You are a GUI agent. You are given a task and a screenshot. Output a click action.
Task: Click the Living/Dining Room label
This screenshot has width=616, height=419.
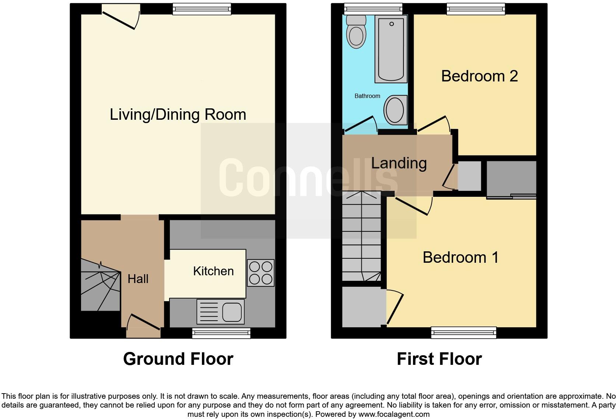click(x=178, y=115)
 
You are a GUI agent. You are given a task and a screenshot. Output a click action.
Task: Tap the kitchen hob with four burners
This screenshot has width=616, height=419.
click(x=260, y=273)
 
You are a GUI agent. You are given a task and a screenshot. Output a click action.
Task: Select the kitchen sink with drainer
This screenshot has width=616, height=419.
click(x=220, y=311)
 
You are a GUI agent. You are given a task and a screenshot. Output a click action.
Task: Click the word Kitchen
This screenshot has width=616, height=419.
click(x=213, y=271)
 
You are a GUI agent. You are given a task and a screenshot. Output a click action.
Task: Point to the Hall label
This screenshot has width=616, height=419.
click(x=138, y=279)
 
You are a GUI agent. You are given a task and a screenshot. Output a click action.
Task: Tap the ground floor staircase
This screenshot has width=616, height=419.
click(x=100, y=286)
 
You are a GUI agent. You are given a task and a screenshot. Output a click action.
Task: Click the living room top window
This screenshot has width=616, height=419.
click(x=202, y=9)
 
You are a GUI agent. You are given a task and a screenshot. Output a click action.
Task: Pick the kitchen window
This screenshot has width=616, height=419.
click(x=221, y=334)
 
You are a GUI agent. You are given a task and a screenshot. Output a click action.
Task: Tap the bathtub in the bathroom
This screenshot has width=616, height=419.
click(x=391, y=49)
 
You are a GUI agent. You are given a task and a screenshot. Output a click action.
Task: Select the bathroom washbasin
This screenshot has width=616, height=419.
click(x=395, y=110)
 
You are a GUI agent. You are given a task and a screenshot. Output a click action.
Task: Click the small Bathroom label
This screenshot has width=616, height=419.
click(x=367, y=96)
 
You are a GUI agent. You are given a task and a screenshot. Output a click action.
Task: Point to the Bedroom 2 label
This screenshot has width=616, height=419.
click(x=479, y=76)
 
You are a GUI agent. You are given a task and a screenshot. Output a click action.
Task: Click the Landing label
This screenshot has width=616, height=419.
click(x=399, y=163)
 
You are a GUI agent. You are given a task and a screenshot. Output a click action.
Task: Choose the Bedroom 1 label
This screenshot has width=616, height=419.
click(x=461, y=257)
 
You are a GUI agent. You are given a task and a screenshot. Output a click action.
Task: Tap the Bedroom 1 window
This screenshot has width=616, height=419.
click(x=463, y=333)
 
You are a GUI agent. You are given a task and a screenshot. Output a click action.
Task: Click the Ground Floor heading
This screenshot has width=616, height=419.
click(x=178, y=359)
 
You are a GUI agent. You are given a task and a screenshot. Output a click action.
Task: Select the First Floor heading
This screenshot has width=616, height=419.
click(x=439, y=359)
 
